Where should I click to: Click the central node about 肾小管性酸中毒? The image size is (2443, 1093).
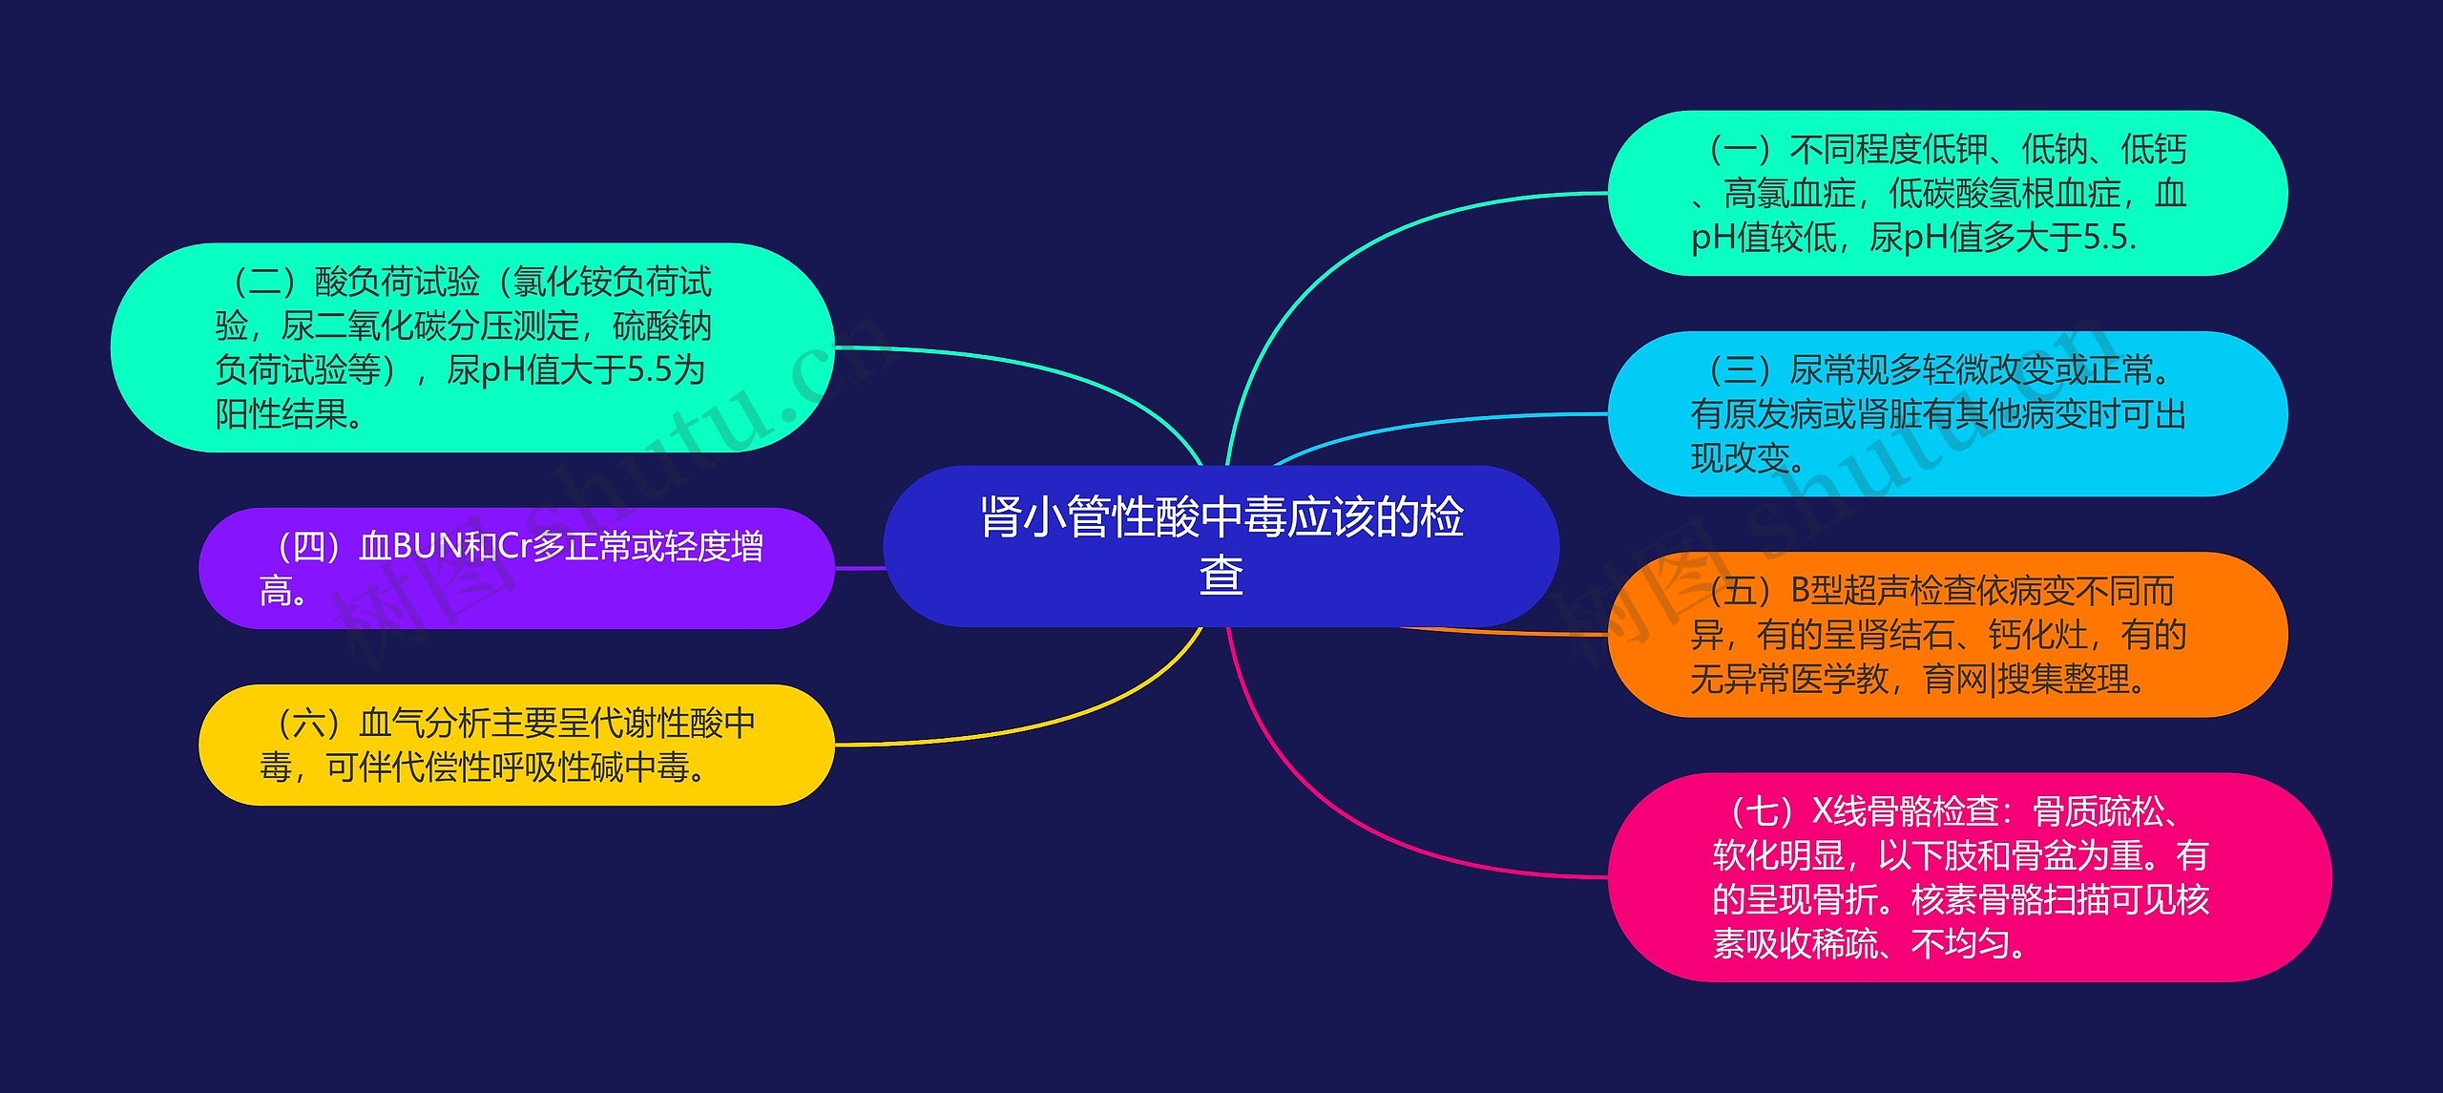1221,545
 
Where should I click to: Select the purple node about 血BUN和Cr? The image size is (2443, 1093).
515,568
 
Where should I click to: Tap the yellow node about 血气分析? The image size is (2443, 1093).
515,745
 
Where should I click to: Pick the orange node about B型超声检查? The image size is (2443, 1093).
1947,635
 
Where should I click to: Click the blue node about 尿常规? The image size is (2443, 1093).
1947,413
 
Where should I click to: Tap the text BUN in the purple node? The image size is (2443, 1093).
427,547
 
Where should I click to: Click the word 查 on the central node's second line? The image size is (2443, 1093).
1221,576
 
